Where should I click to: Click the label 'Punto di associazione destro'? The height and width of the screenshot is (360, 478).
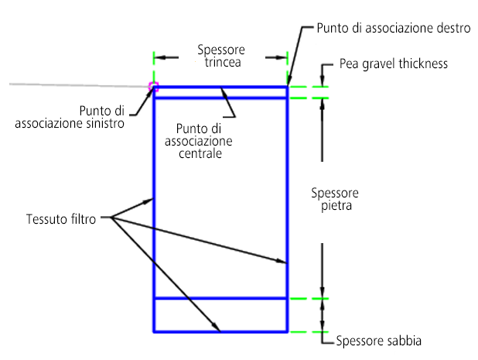(x=394, y=28)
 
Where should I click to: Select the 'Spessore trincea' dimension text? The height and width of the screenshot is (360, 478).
(x=221, y=56)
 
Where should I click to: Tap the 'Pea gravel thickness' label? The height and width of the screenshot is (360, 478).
(x=394, y=64)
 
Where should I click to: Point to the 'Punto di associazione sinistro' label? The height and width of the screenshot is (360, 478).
(x=70, y=117)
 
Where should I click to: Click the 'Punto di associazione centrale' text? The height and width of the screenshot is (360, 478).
(x=199, y=141)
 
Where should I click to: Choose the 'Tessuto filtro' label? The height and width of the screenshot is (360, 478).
(x=61, y=219)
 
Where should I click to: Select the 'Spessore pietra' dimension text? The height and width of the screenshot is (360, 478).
(x=335, y=199)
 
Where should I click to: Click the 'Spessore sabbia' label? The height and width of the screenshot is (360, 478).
(x=379, y=341)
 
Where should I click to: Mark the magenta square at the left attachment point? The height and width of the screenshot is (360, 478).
(x=153, y=87)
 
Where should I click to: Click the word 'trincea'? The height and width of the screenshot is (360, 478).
(x=223, y=62)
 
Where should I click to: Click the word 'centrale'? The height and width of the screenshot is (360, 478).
(x=200, y=153)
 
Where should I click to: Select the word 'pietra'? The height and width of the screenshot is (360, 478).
(x=336, y=206)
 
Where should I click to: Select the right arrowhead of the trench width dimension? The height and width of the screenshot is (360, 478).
(x=282, y=57)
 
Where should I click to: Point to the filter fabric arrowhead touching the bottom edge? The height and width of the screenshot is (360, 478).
(x=216, y=327)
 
